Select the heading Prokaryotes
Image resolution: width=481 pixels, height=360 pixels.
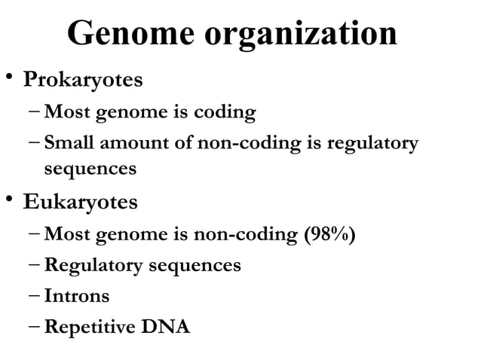coord(82,79)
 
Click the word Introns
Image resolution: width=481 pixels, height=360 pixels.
coord(77,297)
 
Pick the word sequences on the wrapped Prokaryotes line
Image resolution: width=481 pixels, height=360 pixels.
coord(90,169)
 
